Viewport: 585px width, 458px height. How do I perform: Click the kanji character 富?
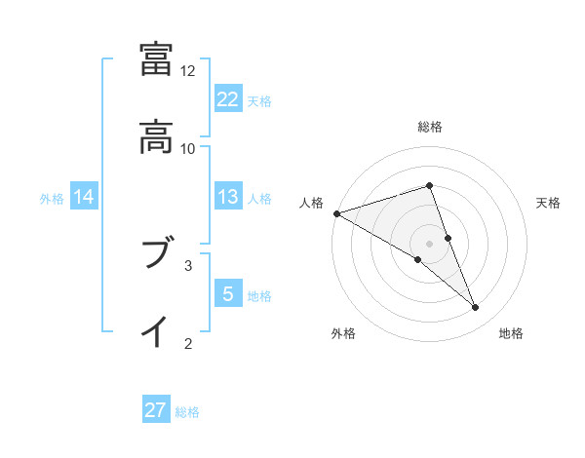(156, 60)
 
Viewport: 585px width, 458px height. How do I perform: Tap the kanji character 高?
(156, 137)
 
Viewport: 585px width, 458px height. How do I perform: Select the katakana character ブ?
(156, 255)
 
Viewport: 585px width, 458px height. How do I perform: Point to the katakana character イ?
(156, 331)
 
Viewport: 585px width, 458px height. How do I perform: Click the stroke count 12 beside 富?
(188, 71)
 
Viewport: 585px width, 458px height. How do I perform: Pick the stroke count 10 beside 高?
(188, 148)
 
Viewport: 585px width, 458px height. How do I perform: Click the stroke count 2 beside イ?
(188, 342)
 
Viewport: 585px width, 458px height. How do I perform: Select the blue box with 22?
(228, 98)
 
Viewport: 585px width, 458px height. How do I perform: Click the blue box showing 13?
(228, 197)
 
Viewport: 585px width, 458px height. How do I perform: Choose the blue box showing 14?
(84, 197)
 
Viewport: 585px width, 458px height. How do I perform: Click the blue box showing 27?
(156, 410)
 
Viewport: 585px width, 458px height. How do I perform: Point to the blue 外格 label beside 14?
(52, 198)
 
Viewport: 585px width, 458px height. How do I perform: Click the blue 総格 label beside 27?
(187, 412)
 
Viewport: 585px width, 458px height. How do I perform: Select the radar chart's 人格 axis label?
(311, 203)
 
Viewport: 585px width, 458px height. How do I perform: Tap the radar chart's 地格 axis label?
(511, 333)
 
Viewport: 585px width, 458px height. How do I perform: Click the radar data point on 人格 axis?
(336, 213)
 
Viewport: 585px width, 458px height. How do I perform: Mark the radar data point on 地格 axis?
(476, 308)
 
